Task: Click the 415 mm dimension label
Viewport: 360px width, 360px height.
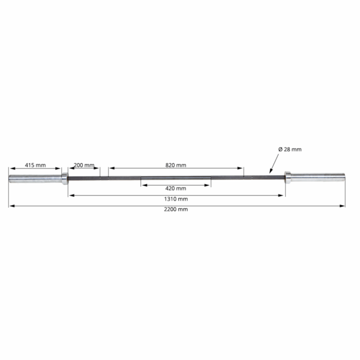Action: [35, 165]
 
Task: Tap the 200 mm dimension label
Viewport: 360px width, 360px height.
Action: [84, 165]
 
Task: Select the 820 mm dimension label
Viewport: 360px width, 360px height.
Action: [176, 165]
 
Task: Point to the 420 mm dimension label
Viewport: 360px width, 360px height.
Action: [176, 188]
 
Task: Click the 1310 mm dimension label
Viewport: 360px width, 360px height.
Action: [176, 199]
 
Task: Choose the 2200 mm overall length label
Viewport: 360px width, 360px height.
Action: [176, 209]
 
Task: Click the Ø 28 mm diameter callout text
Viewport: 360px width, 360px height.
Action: [290, 149]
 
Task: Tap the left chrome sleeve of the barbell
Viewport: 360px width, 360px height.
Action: [35, 179]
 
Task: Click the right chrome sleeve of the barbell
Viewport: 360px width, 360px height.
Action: [318, 177]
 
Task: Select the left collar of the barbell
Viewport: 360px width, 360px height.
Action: [65, 179]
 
